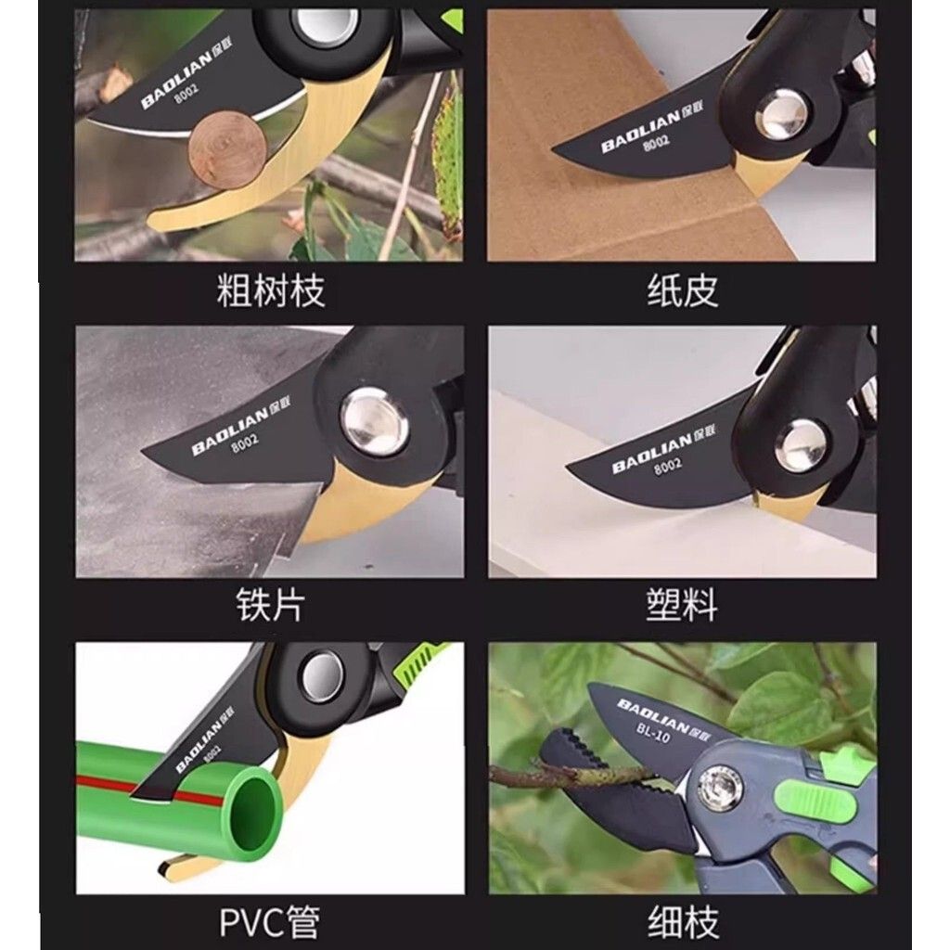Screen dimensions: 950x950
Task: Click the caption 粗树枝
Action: tap(271, 290)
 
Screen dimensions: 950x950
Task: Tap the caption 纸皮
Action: tap(683, 290)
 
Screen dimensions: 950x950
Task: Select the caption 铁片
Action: tap(270, 604)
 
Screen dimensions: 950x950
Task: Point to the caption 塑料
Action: tap(682, 604)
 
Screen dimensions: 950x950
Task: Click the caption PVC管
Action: tap(269, 921)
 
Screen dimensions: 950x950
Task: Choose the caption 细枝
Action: tap(683, 921)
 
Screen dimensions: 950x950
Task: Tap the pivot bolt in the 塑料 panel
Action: tap(801, 445)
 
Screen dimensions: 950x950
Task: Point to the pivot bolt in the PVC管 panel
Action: tap(322, 676)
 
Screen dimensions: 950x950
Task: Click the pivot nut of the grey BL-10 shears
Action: tap(720, 788)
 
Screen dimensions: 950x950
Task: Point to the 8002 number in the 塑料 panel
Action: tap(668, 468)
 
